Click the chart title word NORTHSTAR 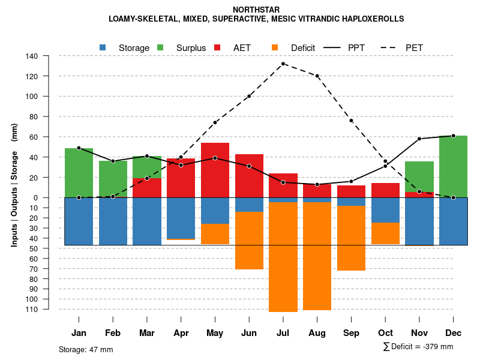click(x=256, y=10)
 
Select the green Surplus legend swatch click(x=160, y=47)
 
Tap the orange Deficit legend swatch click(x=275, y=47)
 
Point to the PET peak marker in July click(x=283, y=64)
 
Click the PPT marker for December click(x=454, y=136)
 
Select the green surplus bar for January click(x=79, y=173)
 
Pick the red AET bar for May click(x=215, y=170)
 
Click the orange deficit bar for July click(x=283, y=257)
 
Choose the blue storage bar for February click(x=113, y=221)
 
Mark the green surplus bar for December click(x=454, y=166)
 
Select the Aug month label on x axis click(x=317, y=333)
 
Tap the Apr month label click(x=181, y=333)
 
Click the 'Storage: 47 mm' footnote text click(x=86, y=349)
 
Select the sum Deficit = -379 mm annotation click(x=418, y=346)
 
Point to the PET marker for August click(x=317, y=76)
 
